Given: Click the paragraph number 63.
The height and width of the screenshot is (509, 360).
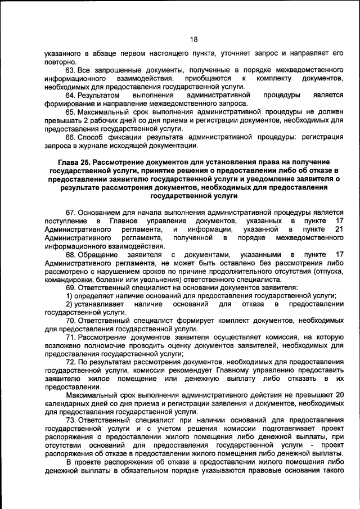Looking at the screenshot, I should pos(71,70).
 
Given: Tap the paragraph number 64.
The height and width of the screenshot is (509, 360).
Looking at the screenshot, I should pos(71,95).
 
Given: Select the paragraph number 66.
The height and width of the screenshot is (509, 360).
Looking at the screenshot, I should pos(71,137).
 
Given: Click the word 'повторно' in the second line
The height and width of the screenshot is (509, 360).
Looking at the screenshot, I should pos(59,61).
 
